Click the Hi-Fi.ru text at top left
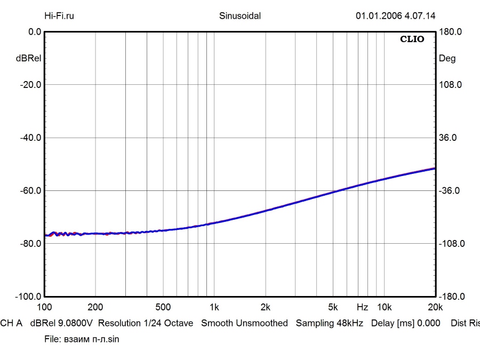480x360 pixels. tap(59, 15)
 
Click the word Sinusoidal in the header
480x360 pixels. tap(240, 15)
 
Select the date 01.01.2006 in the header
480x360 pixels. tap(378, 15)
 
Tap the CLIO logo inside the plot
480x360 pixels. tap(412, 39)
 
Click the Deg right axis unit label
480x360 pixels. tap(447, 59)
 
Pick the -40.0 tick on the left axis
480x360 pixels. tap(31, 138)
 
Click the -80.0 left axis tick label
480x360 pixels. tap(31, 243)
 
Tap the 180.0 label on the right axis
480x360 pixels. tap(450, 32)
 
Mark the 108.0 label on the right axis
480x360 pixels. tap(450, 85)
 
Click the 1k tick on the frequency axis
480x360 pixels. tap(214, 307)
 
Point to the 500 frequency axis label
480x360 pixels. tap(163, 307)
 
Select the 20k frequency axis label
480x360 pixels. tap(435, 307)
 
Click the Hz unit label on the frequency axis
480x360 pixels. tap(362, 307)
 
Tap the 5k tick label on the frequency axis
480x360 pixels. tap(333, 307)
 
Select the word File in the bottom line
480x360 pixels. tap(52, 339)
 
